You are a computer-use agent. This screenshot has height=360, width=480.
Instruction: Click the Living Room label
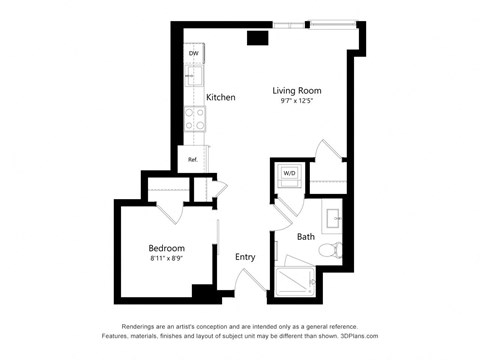point(297,90)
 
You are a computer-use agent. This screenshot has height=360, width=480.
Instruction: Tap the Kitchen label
point(221,97)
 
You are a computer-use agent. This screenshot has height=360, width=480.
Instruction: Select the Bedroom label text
point(166,247)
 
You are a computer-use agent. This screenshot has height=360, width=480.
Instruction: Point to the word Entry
point(245,257)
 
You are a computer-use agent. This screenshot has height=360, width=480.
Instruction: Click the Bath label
point(306,237)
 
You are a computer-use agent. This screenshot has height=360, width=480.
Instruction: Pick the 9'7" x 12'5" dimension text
point(297,102)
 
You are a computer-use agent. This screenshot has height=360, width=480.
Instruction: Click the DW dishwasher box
point(193,53)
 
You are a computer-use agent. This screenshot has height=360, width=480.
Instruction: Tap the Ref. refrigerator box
point(192,158)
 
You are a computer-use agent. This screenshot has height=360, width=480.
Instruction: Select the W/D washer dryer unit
point(290,173)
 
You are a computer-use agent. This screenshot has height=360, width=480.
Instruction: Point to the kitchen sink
point(194,76)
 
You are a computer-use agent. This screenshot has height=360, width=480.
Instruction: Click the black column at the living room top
point(258,38)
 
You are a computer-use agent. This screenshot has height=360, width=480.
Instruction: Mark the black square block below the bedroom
point(204,292)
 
